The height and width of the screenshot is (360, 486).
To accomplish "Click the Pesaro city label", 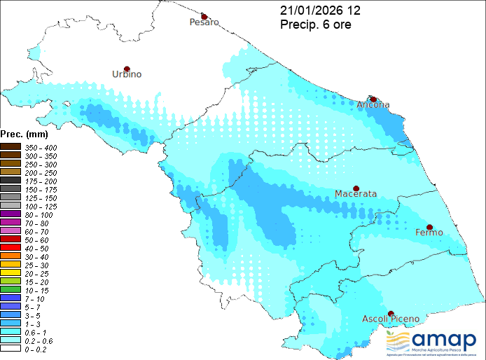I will click(204, 22).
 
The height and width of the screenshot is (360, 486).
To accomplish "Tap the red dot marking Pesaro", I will click(204, 16).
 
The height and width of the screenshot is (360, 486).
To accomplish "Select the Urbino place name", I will click(127, 74).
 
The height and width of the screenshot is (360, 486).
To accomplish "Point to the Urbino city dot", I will click(127, 69).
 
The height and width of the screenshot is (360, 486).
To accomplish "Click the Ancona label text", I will click(373, 105).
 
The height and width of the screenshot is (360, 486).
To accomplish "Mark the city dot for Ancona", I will click(373, 99).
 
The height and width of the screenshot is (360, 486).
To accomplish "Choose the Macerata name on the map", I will click(356, 194).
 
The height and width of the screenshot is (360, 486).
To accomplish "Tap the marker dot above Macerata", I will click(356, 188).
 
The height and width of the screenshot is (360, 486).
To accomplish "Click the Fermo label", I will click(429, 232).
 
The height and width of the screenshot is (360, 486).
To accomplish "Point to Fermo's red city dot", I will click(429, 227).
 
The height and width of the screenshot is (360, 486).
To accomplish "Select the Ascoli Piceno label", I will click(390, 319).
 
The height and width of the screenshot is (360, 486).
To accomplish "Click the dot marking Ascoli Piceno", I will click(391, 314).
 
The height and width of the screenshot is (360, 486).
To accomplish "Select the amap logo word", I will click(445, 338).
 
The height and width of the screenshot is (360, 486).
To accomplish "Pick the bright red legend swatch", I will click(11, 247).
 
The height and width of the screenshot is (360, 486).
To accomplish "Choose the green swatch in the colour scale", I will click(11, 289).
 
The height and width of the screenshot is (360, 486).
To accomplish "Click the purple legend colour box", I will click(11, 214).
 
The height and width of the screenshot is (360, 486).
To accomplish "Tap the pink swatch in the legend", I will click(11, 230).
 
